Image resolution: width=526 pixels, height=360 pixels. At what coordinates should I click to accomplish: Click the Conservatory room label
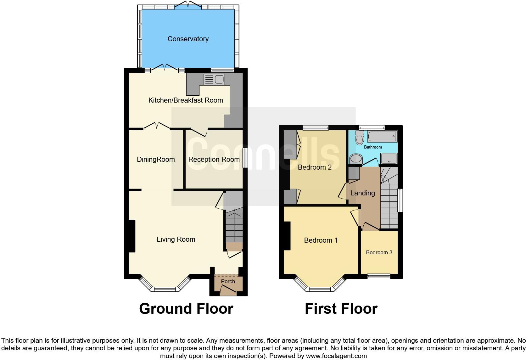pyautogui.click(x=188, y=39)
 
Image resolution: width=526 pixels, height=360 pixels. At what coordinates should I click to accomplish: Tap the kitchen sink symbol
pyautogui.click(x=214, y=79)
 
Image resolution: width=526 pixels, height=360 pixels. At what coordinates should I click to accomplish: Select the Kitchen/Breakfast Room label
pyautogui.click(x=186, y=100)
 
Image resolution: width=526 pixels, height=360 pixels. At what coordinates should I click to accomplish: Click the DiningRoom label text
pyautogui.click(x=156, y=160)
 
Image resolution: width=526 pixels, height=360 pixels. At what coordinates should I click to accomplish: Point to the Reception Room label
pyautogui.click(x=214, y=160)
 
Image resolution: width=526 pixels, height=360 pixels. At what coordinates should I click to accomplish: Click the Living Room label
pyautogui.click(x=176, y=239)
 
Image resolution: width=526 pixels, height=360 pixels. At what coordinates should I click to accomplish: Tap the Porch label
pyautogui.click(x=228, y=281)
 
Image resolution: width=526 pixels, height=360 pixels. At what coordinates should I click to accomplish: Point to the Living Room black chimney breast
pyautogui.click(x=131, y=236)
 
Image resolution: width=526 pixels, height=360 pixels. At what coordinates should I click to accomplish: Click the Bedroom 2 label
pyautogui.click(x=315, y=167)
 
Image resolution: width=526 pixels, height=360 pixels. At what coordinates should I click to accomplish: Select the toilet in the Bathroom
pyautogui.click(x=359, y=138)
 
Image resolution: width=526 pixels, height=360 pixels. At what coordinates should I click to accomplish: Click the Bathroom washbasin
pyautogui.click(x=356, y=159)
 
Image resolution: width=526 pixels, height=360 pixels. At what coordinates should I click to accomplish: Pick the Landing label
pyautogui.click(x=362, y=193)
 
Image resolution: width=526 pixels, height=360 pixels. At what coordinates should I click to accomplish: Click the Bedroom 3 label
pyautogui.click(x=379, y=252)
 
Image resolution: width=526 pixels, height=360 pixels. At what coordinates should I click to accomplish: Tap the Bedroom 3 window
pyautogui.click(x=379, y=276)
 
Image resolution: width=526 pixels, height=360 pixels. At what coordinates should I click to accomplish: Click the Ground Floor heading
pyautogui.click(x=186, y=309)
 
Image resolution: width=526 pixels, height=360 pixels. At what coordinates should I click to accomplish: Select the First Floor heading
pyautogui.click(x=341, y=309)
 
